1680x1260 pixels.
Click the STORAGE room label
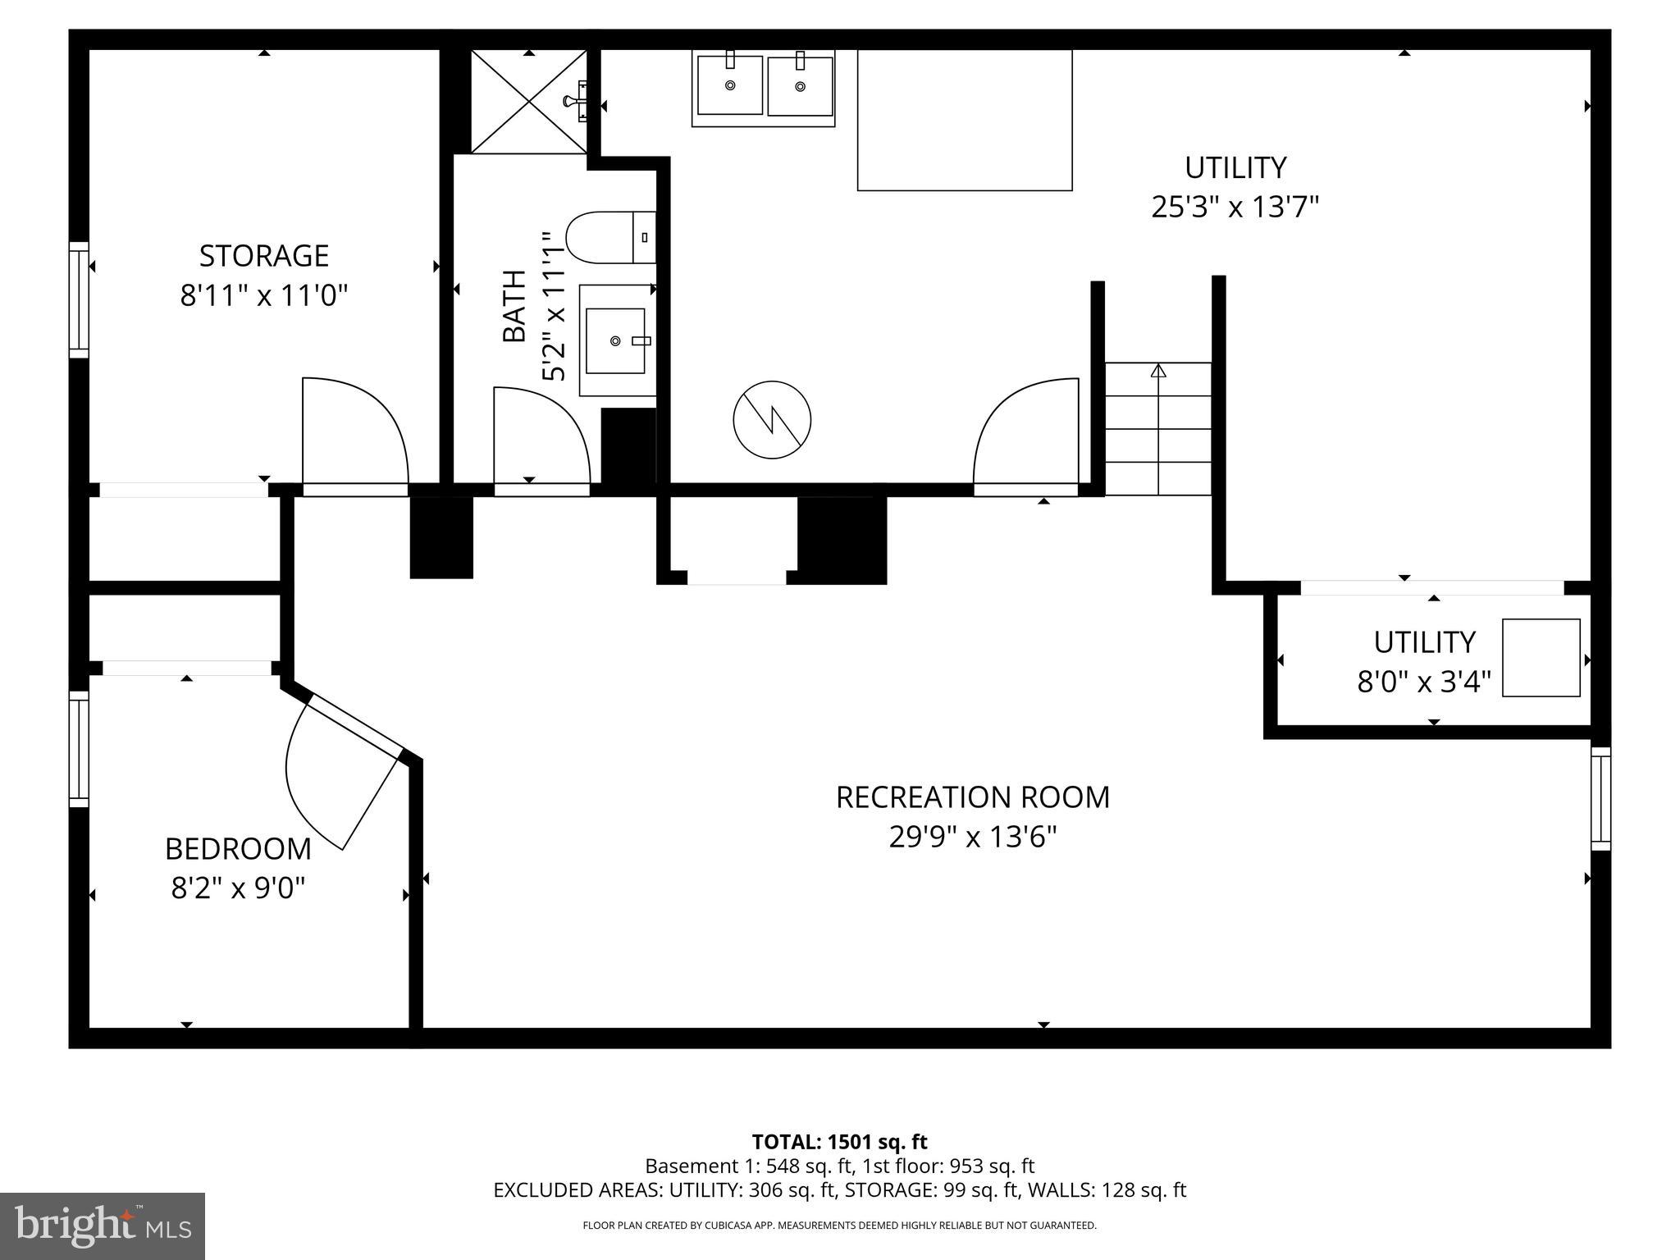264,256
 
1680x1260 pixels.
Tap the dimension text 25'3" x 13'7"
1235,207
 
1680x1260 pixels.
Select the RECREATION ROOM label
972,797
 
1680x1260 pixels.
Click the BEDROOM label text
238,849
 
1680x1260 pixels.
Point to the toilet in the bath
607,238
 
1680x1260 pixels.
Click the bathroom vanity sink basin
615,340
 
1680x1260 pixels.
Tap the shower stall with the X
529,102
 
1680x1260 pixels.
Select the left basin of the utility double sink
729,85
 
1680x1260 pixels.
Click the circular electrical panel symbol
772,420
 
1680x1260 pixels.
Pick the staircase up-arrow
1158,372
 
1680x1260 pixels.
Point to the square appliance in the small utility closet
1541,658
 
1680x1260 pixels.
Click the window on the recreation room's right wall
1600,798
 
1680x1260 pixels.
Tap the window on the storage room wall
79,299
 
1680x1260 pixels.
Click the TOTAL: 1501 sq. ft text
839,1142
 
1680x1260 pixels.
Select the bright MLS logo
103,1226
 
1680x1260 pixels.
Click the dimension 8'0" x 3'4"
1424,682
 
